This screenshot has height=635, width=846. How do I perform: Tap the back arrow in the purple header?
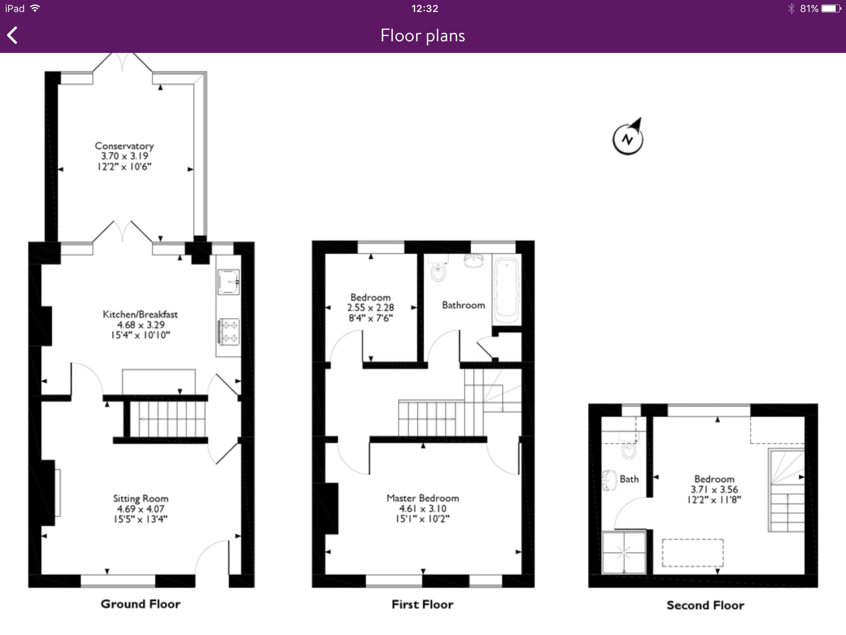click(x=12, y=35)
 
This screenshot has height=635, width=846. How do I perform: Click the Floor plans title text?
click(x=423, y=36)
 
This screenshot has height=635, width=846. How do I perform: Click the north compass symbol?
click(x=628, y=136)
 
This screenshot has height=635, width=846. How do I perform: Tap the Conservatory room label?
click(x=124, y=146)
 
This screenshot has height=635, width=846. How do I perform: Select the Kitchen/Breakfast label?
click(x=140, y=314)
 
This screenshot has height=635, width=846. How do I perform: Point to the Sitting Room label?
click(x=141, y=499)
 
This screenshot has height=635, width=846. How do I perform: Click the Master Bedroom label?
click(x=423, y=498)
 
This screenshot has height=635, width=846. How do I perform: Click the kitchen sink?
click(x=228, y=282)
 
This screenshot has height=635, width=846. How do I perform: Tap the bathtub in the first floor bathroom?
click(x=506, y=290)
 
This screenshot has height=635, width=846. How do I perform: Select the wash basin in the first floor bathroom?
click(x=474, y=261)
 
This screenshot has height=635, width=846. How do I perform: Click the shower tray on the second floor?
click(x=624, y=552)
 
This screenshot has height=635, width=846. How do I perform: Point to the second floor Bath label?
click(x=629, y=479)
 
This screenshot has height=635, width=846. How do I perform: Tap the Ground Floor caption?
click(x=140, y=604)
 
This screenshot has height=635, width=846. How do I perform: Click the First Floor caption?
click(x=423, y=604)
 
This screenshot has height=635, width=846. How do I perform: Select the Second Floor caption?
click(x=706, y=605)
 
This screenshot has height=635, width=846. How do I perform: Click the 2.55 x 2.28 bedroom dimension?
click(x=371, y=308)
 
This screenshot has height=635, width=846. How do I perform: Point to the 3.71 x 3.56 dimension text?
click(x=714, y=489)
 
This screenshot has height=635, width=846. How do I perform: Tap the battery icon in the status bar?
click(x=831, y=8)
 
